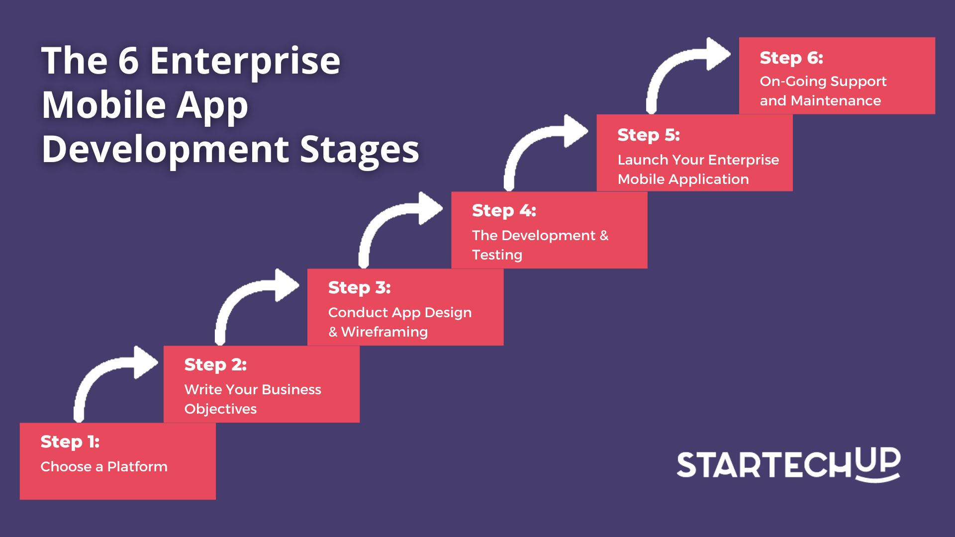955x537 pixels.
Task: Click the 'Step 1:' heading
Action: [70, 442]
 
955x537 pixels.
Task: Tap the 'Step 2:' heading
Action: [215, 365]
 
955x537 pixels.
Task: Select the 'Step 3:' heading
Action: [360, 288]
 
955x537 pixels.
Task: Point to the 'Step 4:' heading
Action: [504, 211]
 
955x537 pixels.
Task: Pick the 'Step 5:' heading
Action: [649, 135]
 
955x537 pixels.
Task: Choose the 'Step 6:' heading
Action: [791, 58]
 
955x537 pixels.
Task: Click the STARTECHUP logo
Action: [788, 464]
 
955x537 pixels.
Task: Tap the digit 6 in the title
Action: [128, 61]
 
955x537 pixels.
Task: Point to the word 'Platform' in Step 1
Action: [137, 467]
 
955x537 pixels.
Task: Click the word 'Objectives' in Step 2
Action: [220, 409]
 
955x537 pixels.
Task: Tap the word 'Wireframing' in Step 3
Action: [384, 332]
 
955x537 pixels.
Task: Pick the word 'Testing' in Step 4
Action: [497, 255]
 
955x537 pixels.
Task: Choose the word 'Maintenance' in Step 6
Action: [836, 101]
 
